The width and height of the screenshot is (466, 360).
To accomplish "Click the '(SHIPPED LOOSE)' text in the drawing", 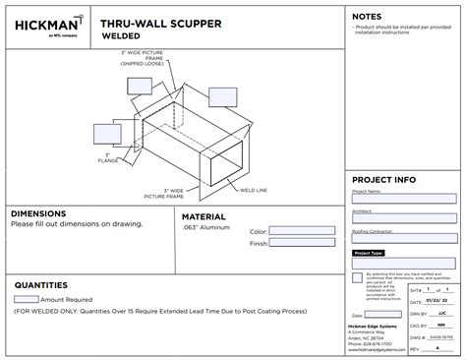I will click(x=140, y=63).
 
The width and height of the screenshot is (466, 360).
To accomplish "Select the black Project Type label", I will click(x=369, y=253).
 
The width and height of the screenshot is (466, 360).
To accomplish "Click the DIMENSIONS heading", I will click(x=38, y=213).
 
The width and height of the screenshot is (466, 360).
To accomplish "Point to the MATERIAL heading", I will click(x=204, y=216).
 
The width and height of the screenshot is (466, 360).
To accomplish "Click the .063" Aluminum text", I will click(x=205, y=226).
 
